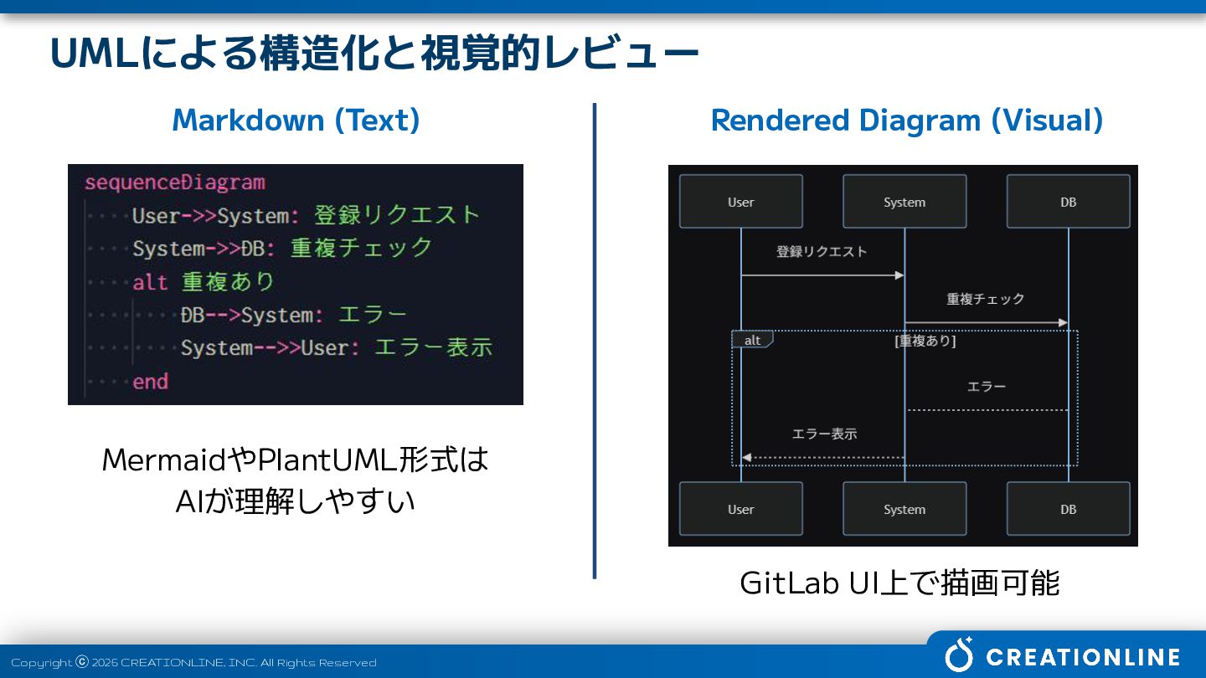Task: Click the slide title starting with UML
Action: coord(374,54)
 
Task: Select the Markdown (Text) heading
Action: coord(296,121)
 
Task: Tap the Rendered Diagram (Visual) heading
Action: coord(906,121)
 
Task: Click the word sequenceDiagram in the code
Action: coord(174,182)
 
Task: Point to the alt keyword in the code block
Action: coord(150,282)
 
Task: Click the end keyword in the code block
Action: coord(150,382)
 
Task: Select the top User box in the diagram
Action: coord(740,202)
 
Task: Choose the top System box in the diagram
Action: coord(904,202)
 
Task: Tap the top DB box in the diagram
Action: coord(1068,202)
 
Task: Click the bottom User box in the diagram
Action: coord(740,509)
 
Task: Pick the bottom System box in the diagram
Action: coord(904,509)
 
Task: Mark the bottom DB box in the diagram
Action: coord(1068,509)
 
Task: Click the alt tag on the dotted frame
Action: coord(752,340)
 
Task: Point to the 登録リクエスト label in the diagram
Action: coord(822,251)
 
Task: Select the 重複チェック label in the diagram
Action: coord(986,299)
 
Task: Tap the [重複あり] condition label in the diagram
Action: coord(925,341)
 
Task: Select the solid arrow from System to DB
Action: coord(986,322)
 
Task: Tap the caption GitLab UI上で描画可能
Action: coord(899,583)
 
